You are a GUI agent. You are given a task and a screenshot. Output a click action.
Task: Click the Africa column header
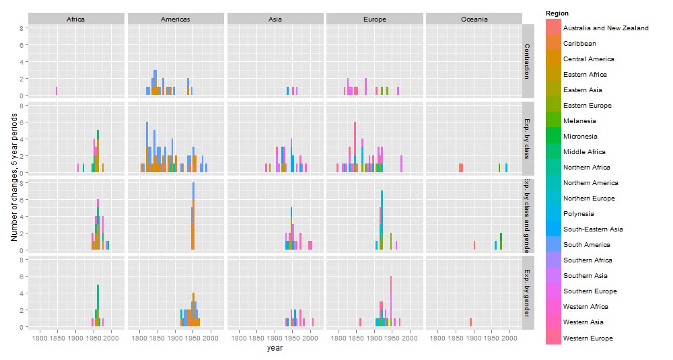pyautogui.click(x=76, y=20)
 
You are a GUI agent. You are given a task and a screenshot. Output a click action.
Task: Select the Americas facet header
pyautogui.click(x=175, y=20)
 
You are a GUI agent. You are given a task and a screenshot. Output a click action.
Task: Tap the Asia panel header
pyautogui.click(x=275, y=20)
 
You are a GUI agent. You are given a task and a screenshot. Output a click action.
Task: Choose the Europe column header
pyautogui.click(x=374, y=20)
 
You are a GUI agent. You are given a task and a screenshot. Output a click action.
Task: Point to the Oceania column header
pyautogui.click(x=474, y=20)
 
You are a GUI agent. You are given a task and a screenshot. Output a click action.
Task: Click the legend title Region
pyautogui.click(x=557, y=13)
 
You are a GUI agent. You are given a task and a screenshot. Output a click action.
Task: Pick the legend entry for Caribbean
pyautogui.click(x=579, y=44)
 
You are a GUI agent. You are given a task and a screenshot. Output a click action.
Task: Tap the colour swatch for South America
pyautogui.click(x=553, y=245)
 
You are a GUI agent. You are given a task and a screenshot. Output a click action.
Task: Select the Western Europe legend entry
pyautogui.click(x=587, y=338)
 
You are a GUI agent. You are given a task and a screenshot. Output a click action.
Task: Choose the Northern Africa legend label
pyautogui.click(x=587, y=168)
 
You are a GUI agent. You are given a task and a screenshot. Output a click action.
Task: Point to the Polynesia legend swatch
pyautogui.click(x=553, y=214)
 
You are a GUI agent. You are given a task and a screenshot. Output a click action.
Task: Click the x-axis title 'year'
pyautogui.click(x=275, y=348)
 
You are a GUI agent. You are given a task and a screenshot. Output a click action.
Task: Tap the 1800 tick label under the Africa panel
pyautogui.click(x=40, y=337)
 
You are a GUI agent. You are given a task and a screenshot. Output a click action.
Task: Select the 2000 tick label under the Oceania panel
pyautogui.click(x=509, y=337)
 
